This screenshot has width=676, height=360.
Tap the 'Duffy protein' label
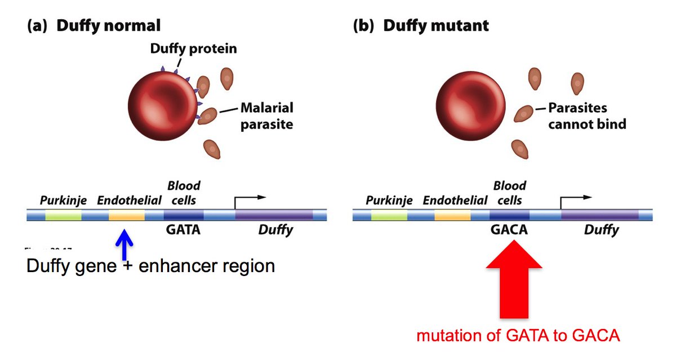point(193,49)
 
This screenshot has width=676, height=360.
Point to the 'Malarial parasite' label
point(266,115)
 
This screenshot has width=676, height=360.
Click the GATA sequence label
point(183,230)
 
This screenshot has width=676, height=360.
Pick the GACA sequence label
point(509,230)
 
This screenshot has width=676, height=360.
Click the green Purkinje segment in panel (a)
point(63,215)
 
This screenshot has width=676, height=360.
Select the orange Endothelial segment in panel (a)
point(126,215)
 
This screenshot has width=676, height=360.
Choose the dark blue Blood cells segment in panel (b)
point(509,215)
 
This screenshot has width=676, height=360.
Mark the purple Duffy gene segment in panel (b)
point(599,215)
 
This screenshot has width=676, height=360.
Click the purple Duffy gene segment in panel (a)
point(274,215)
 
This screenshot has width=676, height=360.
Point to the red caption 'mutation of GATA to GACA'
point(518,336)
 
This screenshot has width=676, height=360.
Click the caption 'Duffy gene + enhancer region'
point(150,266)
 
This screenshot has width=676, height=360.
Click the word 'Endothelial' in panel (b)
point(455,200)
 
